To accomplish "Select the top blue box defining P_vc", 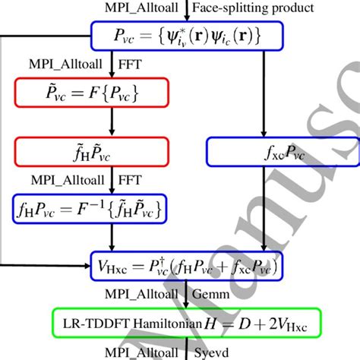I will (186, 35).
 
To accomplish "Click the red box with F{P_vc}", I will (64, 93).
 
